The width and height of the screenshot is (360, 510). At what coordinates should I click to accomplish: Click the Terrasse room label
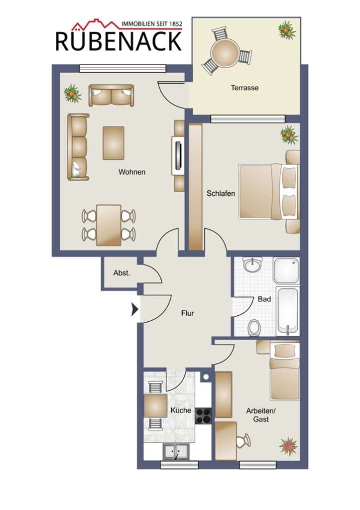click(x=244, y=88)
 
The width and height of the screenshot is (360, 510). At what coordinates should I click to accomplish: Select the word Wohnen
click(x=132, y=172)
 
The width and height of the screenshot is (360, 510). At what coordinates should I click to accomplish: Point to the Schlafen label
click(x=221, y=194)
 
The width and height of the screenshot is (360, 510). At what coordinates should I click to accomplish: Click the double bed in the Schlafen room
click(x=269, y=191)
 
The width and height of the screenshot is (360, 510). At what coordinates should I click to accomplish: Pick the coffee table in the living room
click(x=114, y=143)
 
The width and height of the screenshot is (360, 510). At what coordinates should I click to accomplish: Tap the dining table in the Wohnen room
click(x=109, y=225)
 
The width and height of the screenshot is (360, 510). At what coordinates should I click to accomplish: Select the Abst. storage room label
click(x=121, y=273)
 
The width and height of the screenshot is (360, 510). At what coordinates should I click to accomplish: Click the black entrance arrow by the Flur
click(x=134, y=309)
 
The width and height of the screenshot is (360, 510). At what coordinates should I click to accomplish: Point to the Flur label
click(x=188, y=313)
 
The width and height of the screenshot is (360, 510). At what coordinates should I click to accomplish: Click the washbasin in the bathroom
click(x=252, y=265)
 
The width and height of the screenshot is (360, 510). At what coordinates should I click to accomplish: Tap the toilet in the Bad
click(x=254, y=327)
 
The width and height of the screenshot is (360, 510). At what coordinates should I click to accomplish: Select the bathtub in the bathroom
click(x=287, y=311)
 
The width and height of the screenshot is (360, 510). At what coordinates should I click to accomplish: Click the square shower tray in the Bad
click(x=286, y=270)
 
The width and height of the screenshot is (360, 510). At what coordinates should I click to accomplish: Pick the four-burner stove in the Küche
click(x=203, y=416)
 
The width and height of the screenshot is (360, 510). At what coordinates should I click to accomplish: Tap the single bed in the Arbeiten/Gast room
click(x=284, y=371)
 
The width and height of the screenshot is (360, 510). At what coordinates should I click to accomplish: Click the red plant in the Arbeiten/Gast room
click(x=288, y=446)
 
